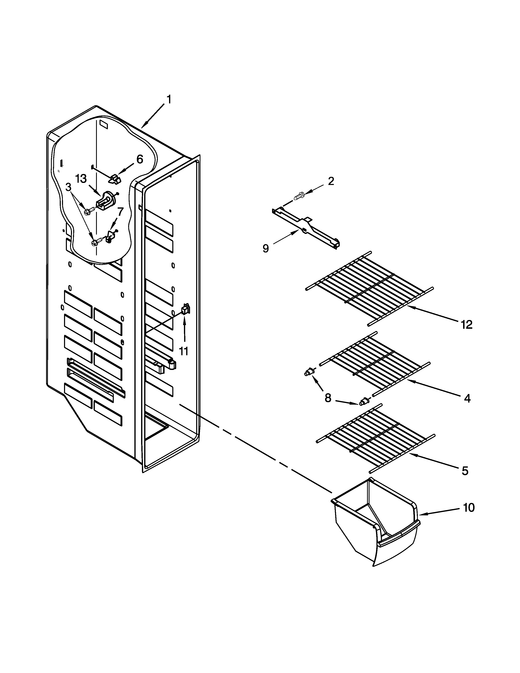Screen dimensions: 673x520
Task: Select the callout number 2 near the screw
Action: point(331,181)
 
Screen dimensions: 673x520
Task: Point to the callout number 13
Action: point(81,178)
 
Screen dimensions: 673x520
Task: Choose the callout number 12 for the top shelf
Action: point(466,324)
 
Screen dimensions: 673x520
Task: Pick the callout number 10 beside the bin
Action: point(469,508)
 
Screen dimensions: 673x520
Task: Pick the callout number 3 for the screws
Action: point(68,187)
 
